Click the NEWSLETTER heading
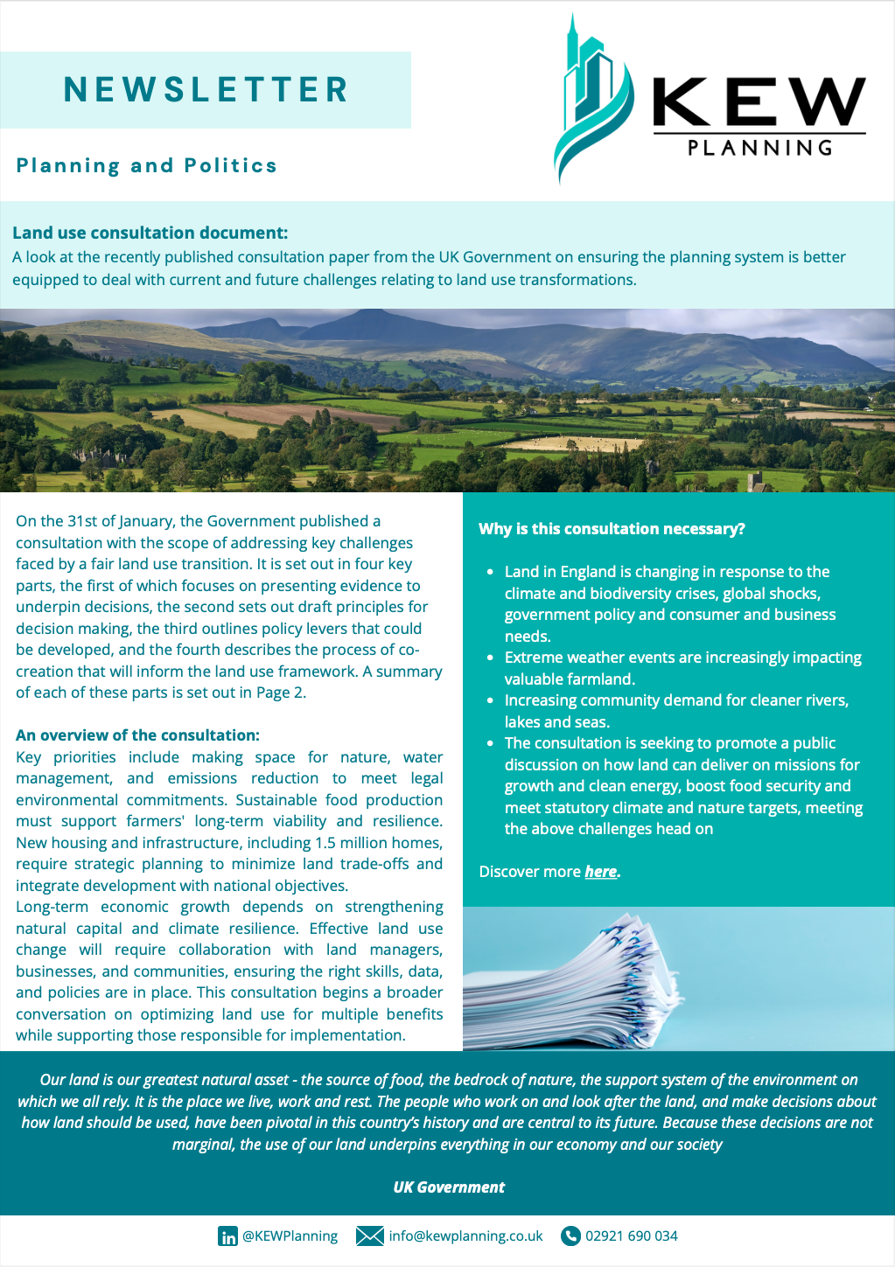point(206,90)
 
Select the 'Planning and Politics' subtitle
point(146,165)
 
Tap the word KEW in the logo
point(759,102)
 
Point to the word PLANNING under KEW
point(759,148)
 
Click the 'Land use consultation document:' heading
point(150,233)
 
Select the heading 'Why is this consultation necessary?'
point(612,529)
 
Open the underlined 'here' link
point(601,872)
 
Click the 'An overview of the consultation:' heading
point(137,735)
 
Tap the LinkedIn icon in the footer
point(227,1236)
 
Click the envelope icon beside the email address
point(370,1236)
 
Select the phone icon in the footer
point(570,1236)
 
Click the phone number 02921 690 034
point(631,1236)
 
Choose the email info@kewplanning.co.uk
point(465,1236)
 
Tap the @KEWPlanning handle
point(290,1236)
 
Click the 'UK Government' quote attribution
point(449,1187)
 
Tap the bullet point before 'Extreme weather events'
point(491,658)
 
